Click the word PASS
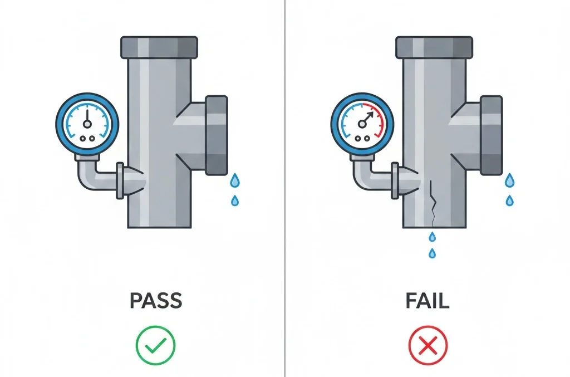[x=156, y=301]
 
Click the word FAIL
[x=427, y=301]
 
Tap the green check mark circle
[x=156, y=345]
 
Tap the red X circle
[x=428, y=345]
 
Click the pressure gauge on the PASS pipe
[x=87, y=124]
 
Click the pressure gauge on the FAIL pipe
[x=362, y=124]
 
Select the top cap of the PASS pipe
[x=159, y=47]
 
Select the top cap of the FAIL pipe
[x=434, y=47]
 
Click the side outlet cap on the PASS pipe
[x=217, y=135]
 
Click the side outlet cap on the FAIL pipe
[x=492, y=135]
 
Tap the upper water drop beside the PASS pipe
[x=235, y=180]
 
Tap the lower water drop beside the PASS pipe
[x=235, y=200]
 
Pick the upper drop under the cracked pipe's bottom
[x=432, y=237]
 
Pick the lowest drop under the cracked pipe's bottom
[x=432, y=253]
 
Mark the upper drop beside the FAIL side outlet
[x=510, y=180]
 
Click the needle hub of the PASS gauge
[x=87, y=124]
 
